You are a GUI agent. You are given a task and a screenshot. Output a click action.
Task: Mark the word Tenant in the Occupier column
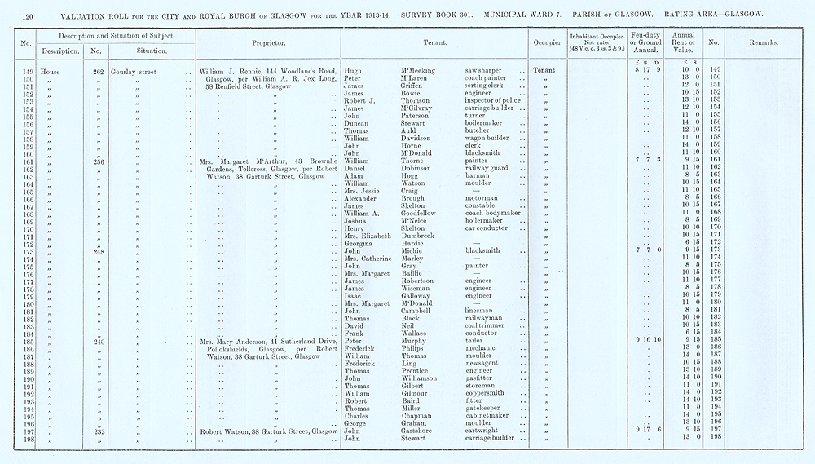tap(544, 71)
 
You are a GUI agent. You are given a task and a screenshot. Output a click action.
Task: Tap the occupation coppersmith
tap(487, 393)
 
